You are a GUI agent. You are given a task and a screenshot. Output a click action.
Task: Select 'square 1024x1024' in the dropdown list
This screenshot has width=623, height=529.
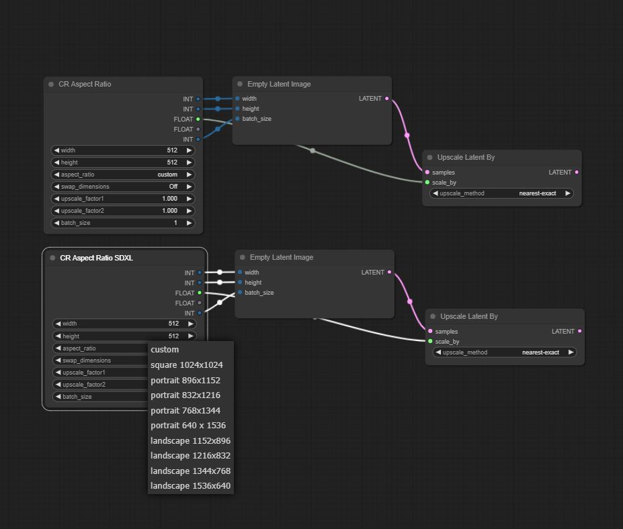click(186, 365)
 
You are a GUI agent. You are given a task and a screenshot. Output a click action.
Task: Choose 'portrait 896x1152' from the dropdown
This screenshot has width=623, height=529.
click(185, 380)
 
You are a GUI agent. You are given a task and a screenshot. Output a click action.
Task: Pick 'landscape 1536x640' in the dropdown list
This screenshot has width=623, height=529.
click(190, 486)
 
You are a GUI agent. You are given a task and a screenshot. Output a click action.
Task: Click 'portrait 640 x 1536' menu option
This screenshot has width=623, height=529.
click(188, 426)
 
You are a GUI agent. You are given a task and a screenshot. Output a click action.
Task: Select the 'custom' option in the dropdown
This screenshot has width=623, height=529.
click(165, 350)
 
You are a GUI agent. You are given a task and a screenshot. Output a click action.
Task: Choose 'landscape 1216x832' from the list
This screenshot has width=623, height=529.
click(190, 456)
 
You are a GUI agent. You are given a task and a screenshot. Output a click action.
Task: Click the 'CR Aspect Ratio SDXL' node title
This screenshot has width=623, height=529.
click(96, 258)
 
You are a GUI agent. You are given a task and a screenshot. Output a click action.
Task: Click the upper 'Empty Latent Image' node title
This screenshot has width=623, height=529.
click(279, 84)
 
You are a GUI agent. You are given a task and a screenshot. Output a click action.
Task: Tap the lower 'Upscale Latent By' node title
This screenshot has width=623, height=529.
click(469, 316)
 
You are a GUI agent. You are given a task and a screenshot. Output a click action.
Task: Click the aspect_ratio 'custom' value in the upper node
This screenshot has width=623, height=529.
click(167, 175)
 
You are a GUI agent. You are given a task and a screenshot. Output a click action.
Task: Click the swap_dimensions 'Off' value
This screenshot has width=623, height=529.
click(173, 187)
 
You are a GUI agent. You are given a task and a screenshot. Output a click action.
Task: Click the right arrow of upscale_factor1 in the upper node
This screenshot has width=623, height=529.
click(189, 199)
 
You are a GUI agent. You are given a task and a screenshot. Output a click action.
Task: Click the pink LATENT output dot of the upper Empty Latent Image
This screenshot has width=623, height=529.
click(386, 99)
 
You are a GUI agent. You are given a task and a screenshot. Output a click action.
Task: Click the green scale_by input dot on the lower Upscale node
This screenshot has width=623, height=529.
click(430, 341)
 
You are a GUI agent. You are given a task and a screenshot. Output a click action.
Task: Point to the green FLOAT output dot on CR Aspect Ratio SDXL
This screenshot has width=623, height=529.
click(200, 293)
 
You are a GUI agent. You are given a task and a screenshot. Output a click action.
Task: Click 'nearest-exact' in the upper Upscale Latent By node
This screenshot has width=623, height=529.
click(537, 193)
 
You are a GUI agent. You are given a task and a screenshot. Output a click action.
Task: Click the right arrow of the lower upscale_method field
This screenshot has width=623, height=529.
click(571, 352)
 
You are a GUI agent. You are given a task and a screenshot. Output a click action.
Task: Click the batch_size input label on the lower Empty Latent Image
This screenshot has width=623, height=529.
click(259, 293)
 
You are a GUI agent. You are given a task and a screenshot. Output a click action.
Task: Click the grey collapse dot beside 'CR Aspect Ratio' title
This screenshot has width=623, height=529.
click(51, 84)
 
